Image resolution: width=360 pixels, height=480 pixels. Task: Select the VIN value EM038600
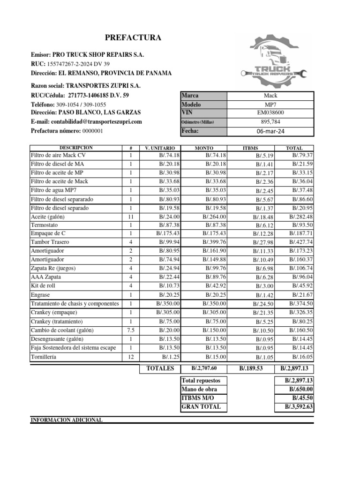click(270, 113)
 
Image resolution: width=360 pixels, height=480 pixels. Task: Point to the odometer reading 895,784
click(270, 122)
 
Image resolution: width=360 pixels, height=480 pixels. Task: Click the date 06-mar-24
click(270, 132)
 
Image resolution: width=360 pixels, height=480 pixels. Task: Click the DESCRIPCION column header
click(76, 148)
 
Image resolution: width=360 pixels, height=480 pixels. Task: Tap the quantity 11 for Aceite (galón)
click(131, 217)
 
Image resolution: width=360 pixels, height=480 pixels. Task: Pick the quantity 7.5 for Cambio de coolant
click(131, 330)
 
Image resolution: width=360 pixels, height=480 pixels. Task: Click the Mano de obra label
click(199, 390)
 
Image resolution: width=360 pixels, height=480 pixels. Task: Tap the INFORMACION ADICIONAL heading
click(66, 420)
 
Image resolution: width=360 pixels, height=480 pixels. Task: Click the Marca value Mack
click(270, 96)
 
